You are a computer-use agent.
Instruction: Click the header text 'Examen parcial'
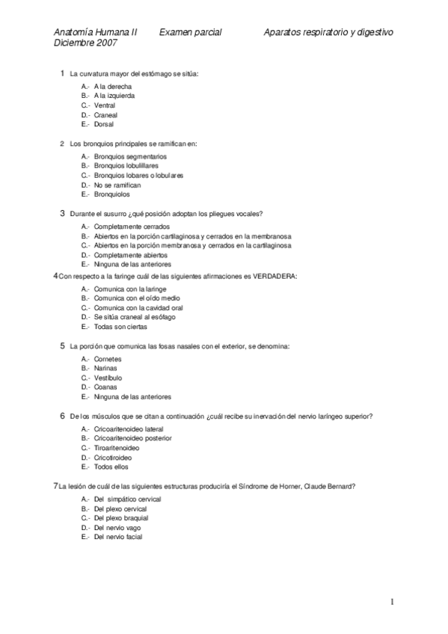[190, 33]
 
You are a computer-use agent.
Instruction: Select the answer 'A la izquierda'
[114, 96]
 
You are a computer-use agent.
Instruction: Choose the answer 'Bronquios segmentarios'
[130, 156]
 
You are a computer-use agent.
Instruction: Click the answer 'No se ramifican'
[117, 185]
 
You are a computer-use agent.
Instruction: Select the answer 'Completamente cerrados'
[132, 226]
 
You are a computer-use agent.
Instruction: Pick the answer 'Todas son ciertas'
[120, 327]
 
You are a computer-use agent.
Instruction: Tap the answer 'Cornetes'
[108, 359]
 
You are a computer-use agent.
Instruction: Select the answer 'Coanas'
[105, 387]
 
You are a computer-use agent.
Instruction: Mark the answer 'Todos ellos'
[111, 467]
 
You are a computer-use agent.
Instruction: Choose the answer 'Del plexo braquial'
[121, 517]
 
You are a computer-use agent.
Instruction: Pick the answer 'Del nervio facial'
[118, 536]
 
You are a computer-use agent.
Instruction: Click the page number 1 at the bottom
[392, 602]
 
